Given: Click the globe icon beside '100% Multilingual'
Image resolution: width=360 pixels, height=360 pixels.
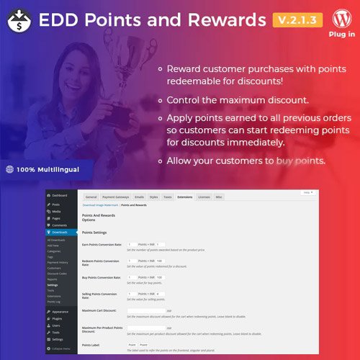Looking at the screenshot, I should tap(9, 169).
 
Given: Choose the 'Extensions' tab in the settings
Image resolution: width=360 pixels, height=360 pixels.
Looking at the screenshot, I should tap(184, 196).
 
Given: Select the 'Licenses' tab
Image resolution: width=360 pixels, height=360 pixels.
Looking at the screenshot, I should tap(204, 196).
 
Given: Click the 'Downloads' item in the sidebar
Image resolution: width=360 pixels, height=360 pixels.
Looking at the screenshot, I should tap(60, 233).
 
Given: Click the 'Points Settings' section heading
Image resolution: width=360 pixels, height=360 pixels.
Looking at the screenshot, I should tap(97, 233).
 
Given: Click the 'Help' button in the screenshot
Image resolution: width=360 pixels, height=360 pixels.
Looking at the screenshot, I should tap(307, 192).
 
